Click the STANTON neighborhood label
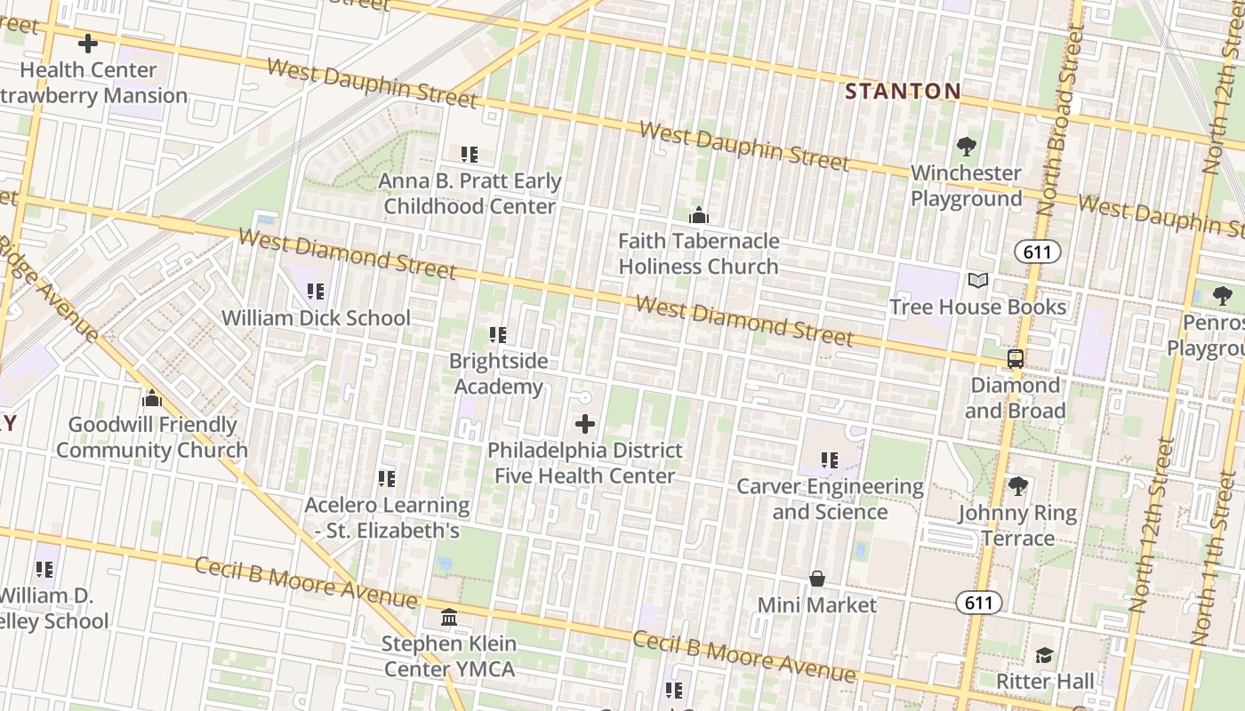(903, 91)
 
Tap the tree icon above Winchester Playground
(966, 147)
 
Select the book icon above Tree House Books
(978, 281)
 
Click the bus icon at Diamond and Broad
(1015, 359)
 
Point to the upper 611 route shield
(1037, 252)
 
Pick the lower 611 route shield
(979, 603)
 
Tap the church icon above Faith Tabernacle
(699, 215)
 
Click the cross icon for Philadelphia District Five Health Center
(585, 424)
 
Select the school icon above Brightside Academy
(498, 335)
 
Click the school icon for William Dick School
(315, 292)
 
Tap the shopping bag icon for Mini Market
(817, 579)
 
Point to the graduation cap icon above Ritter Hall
(1044, 656)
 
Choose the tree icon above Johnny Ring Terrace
(1017, 487)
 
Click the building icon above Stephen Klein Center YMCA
(449, 617)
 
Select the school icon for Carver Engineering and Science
(830, 460)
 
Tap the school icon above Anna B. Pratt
(470, 155)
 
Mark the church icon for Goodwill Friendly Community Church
(152, 398)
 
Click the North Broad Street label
(1063, 120)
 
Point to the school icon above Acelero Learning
(387, 479)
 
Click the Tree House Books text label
(978, 308)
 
